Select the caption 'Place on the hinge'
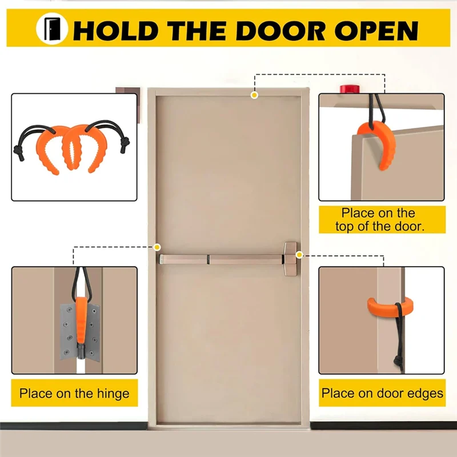74,394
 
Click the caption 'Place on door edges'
382,393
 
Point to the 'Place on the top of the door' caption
382,220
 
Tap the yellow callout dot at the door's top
254,95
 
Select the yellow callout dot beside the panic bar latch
299,254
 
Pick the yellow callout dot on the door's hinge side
157,247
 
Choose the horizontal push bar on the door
223,259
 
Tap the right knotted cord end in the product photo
125,146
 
